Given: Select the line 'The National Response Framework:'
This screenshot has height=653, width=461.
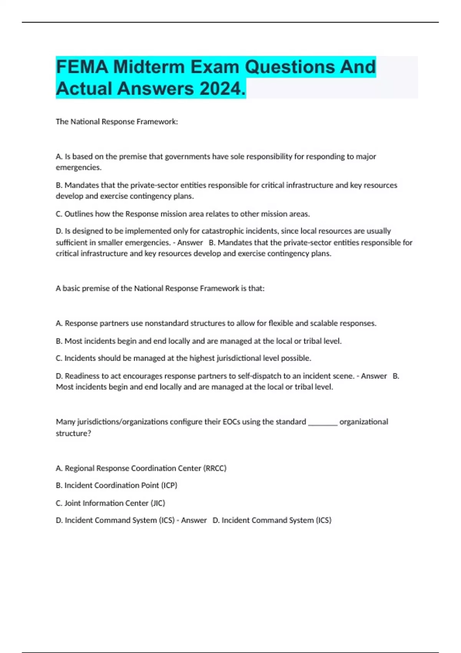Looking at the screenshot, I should pos(117,122).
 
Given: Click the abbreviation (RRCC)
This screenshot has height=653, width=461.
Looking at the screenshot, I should pos(215,468).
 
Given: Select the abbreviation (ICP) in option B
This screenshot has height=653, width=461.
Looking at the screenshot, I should pos(169,486).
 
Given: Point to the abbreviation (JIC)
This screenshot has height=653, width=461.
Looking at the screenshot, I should pos(158,503).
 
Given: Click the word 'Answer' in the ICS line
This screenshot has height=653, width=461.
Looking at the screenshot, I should pos(194,520).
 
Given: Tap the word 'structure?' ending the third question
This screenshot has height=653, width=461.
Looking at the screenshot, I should pos(73,433).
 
